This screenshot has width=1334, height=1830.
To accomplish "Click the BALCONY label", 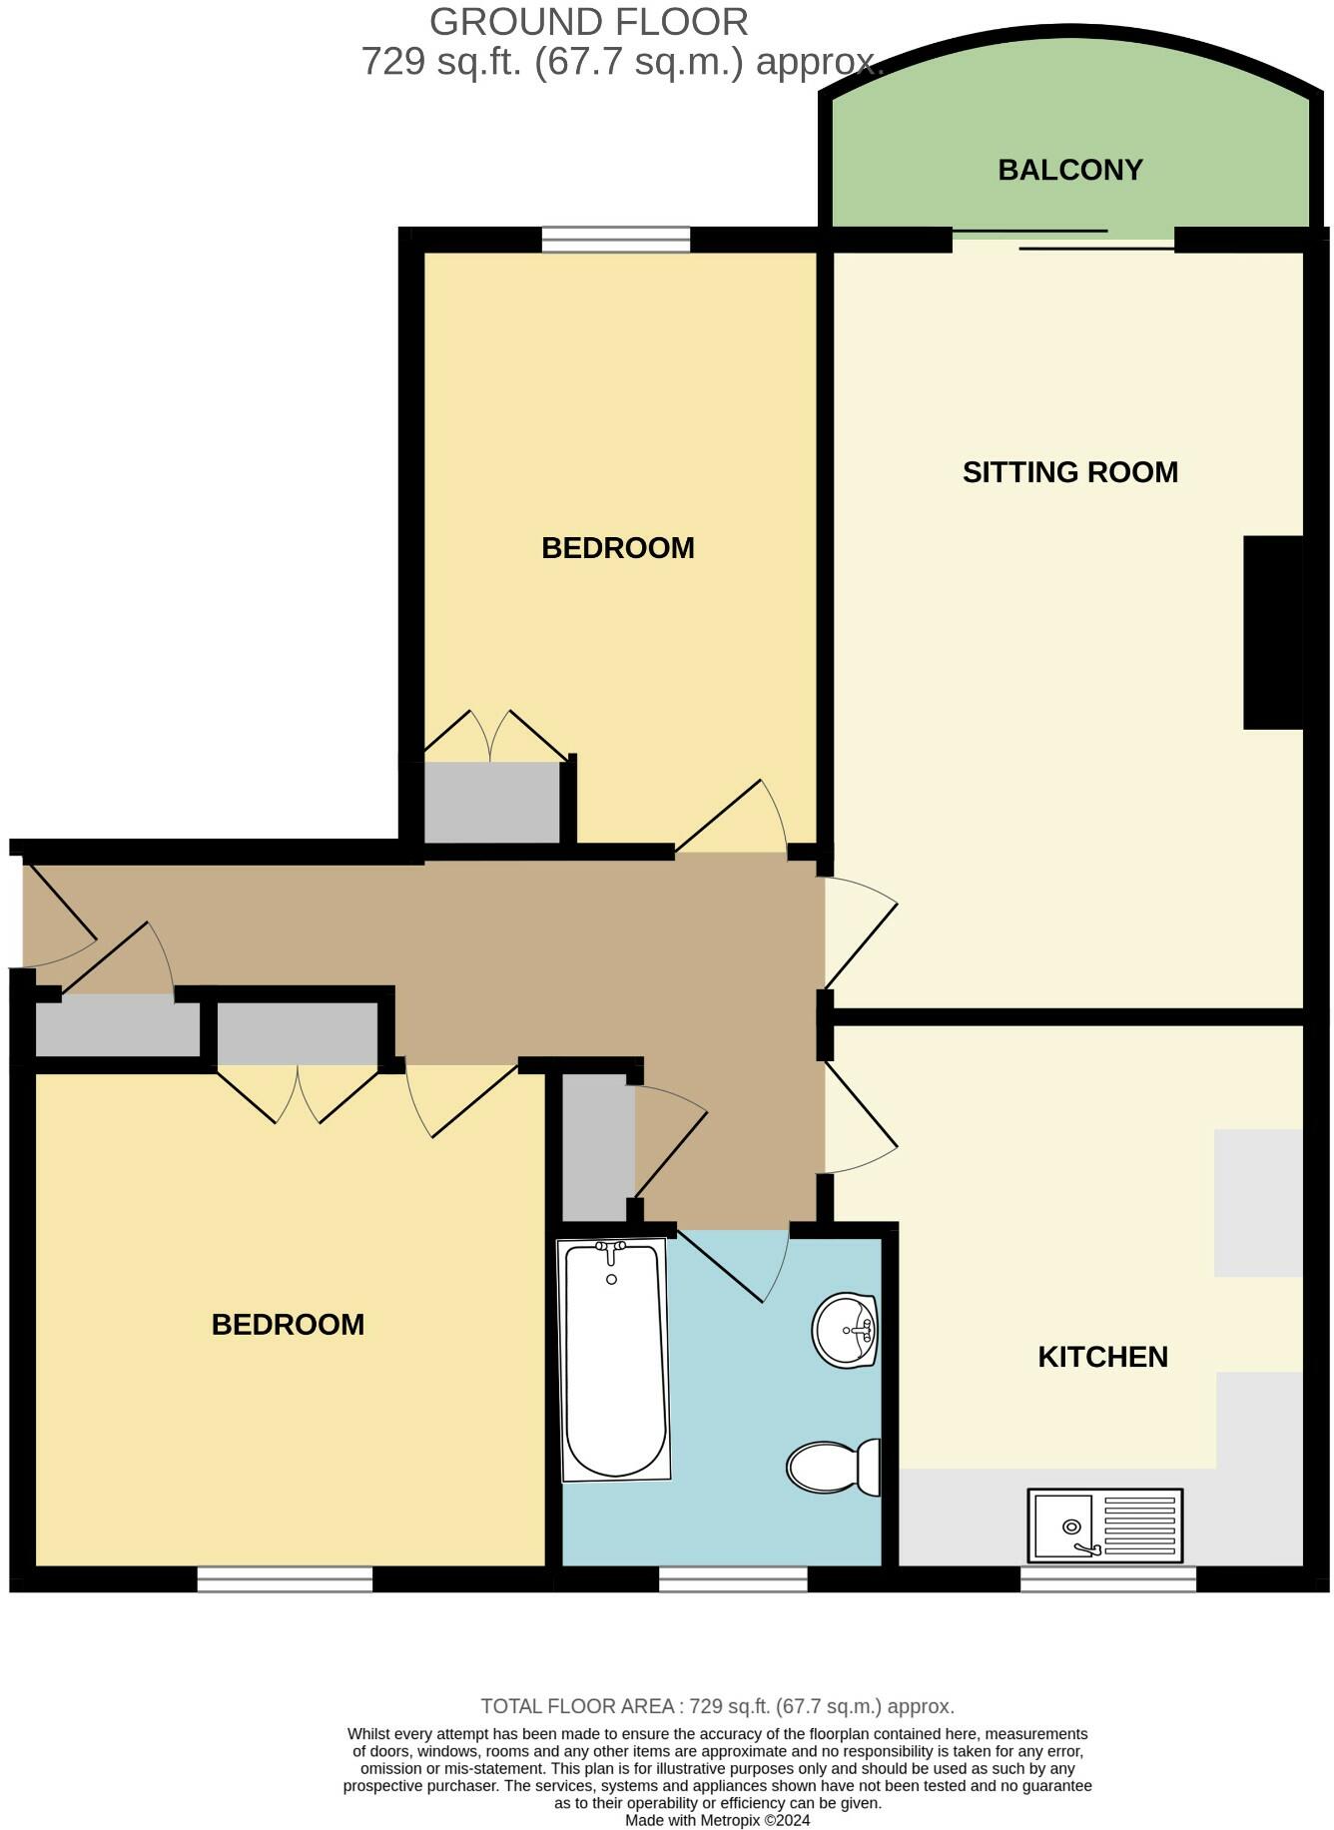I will tap(1069, 170).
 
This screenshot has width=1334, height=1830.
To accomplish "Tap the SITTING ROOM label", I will tap(1069, 472).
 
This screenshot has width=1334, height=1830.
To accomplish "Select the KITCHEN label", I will tap(1102, 1357).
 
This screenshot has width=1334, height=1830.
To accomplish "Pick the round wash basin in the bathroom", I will tap(845, 1330).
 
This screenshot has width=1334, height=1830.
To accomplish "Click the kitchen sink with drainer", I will tap(1104, 1525).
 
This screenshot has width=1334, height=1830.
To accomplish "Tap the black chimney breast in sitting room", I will tap(1272, 632).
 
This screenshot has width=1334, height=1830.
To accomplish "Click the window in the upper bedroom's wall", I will tap(615, 240).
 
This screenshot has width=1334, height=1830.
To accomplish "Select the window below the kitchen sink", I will tap(1107, 1578).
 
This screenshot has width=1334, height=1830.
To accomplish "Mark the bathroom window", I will tap(732, 1578).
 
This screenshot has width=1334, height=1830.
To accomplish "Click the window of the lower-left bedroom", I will tap(285, 1578).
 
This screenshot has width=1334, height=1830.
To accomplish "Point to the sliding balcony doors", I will tap(1062, 240).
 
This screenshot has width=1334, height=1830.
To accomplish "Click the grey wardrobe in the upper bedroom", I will tap(491, 803).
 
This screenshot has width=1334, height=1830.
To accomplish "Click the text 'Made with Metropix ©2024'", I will tap(717, 1820).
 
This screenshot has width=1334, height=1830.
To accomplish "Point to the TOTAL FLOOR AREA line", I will tap(717, 1706).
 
